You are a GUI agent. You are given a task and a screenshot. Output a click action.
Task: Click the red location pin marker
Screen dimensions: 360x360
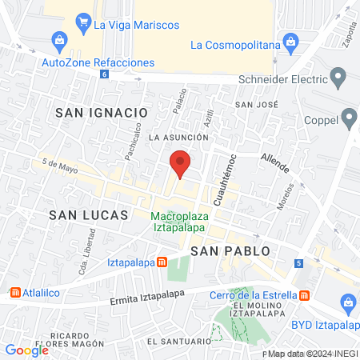click(180, 163)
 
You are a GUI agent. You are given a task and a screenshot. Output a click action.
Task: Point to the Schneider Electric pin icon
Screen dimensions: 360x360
click(338, 78)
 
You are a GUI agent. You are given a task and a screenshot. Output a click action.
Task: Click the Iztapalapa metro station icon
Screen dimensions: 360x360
click(162, 262)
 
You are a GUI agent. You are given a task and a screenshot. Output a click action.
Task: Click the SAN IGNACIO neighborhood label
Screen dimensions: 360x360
click(102, 114)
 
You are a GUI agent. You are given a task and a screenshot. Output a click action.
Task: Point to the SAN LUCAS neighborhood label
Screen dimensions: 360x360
click(88, 215)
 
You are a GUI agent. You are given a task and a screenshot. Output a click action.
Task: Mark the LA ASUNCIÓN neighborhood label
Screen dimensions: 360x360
click(178, 137)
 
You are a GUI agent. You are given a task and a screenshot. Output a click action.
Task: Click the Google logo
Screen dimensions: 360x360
click(27, 350)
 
